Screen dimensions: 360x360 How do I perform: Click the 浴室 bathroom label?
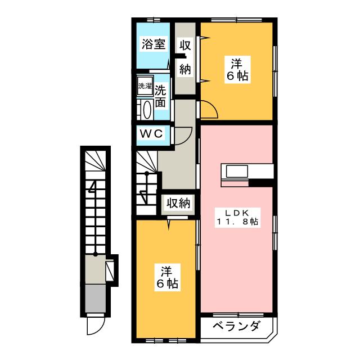154,44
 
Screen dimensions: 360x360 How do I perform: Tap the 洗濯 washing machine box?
146,86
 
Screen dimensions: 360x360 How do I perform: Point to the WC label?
151,134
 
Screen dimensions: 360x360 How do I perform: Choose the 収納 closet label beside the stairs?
178,203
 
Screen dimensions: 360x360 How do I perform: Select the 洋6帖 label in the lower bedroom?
166,277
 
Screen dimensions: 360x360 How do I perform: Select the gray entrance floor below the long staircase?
95,295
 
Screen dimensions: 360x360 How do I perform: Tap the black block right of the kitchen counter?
261,182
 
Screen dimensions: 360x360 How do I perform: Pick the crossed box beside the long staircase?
112,269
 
